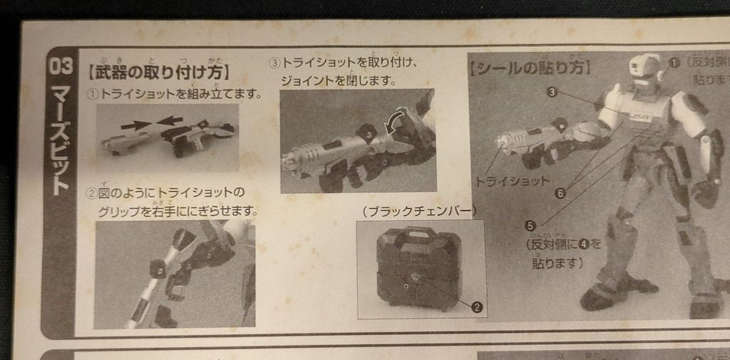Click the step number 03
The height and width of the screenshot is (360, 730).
(60, 66)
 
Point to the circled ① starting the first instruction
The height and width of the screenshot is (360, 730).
(93, 95)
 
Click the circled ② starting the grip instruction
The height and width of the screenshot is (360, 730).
(92, 193)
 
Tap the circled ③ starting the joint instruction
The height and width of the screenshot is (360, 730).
(274, 63)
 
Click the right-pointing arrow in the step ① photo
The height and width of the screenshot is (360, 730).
(135, 125)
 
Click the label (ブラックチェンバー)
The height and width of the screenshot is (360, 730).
(418, 211)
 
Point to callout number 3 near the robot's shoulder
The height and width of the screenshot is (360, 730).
(552, 91)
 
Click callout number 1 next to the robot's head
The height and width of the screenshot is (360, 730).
(674, 62)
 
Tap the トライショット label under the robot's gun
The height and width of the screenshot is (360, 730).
(512, 180)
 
